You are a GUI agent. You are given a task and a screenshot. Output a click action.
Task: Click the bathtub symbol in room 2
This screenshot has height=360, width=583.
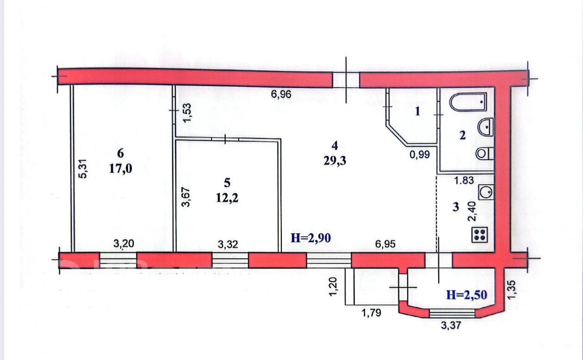click(468, 102)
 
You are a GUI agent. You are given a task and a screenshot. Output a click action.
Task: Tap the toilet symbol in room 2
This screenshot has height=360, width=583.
click(484, 153)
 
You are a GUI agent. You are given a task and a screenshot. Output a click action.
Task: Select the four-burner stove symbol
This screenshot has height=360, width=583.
click(479, 235)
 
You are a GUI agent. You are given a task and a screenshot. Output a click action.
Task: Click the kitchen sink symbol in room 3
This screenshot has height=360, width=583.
click(486, 192)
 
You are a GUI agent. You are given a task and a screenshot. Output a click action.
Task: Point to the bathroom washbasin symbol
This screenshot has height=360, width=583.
click(485, 127)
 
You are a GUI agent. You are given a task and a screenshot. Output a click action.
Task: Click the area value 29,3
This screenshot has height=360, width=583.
click(335, 161)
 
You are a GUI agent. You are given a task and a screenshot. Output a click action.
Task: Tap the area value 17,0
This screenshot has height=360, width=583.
click(120, 169)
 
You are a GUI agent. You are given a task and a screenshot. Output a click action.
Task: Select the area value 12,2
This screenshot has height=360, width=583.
click(227, 198)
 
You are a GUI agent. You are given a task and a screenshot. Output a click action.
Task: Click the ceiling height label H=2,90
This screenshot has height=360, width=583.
click(310, 238)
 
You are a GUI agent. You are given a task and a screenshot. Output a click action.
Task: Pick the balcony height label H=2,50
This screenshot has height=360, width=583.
click(467, 295)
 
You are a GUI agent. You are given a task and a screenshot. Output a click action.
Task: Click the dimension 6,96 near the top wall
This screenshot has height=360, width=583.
click(281, 94)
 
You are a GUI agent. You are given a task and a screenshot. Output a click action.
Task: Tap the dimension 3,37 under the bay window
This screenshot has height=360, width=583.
click(451, 325)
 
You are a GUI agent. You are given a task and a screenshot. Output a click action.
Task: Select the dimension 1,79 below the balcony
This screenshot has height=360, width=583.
click(372, 312)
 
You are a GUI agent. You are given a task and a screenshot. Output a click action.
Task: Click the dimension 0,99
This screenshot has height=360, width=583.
click(420, 155)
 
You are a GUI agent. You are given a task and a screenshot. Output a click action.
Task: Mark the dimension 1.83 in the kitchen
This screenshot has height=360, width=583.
click(464, 180)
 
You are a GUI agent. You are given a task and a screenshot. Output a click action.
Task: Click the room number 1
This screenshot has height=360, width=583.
click(417, 112)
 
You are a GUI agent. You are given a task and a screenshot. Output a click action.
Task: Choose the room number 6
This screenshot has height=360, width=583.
click(120, 153)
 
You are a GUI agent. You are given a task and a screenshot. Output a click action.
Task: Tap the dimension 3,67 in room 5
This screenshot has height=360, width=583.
click(186, 197)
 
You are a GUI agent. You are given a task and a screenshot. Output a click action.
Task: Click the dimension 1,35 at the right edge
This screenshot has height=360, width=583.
click(511, 290)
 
